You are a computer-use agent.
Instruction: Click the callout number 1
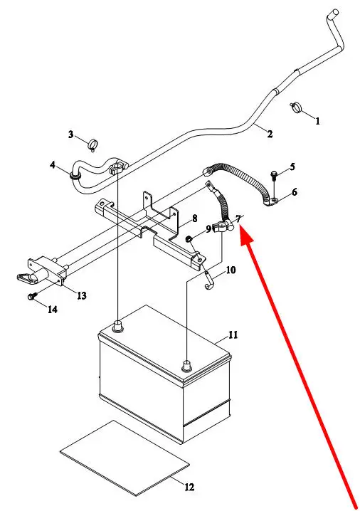coord(317,121)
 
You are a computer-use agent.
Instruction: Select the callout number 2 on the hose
coord(270,134)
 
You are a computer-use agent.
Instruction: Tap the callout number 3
coord(70,134)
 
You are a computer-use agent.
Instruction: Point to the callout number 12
coord(189,487)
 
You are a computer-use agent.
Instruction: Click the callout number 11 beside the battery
coord(233,334)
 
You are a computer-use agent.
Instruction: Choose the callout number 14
coord(53,310)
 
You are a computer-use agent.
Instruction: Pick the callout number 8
coord(194,218)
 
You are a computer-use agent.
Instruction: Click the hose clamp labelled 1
coord(296,107)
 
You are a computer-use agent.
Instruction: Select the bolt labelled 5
coord(274,174)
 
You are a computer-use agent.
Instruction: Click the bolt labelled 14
coord(32,296)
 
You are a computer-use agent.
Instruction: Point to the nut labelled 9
coord(189,240)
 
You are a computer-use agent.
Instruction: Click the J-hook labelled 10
coord(209,280)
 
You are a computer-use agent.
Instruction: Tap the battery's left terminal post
coord(117,326)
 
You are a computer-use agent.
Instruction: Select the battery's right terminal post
coord(186,365)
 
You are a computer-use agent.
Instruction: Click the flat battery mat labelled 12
coord(125,458)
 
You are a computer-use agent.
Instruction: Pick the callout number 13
coord(81,295)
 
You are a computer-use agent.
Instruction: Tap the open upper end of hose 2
coord(334,13)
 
